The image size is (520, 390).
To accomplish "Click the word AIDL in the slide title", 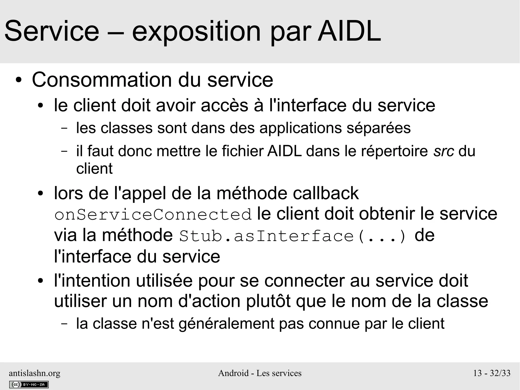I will click(349, 32).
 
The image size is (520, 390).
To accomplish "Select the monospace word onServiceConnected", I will click(153, 214).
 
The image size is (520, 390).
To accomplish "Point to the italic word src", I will click(444, 151).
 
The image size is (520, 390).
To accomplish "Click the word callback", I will click(326, 193).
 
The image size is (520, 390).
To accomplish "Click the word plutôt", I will click(268, 302).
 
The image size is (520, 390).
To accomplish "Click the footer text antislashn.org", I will click(35, 373).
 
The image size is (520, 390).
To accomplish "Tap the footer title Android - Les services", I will click(260, 373).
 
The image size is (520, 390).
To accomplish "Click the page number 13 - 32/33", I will click(492, 373).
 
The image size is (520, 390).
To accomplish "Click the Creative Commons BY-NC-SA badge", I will click(29, 384).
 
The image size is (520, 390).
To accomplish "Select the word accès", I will click(224, 105).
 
